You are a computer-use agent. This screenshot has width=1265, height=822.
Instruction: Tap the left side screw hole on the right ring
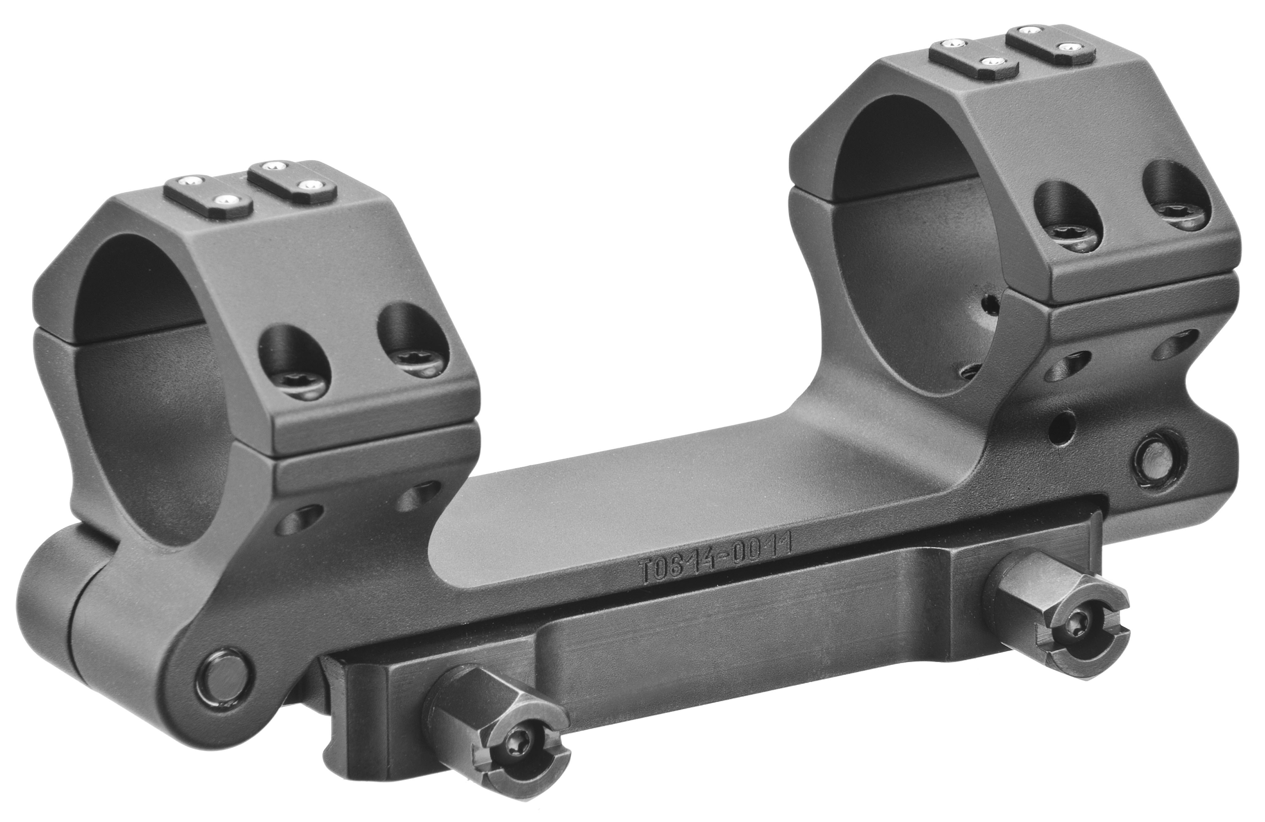[x=1068, y=223]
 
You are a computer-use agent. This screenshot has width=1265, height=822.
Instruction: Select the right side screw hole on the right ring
[x=1175, y=204]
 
